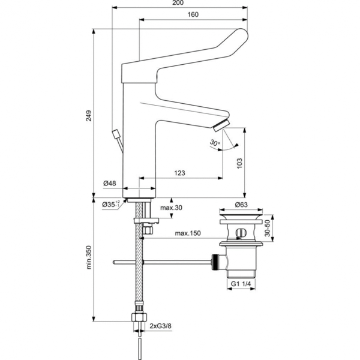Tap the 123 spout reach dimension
tap(180, 173)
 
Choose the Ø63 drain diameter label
tap(241, 205)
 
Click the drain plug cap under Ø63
tap(241, 216)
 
